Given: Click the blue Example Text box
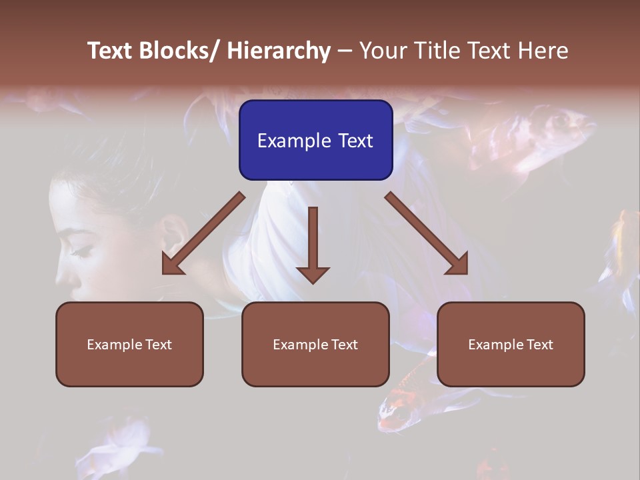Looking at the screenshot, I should click(x=315, y=140).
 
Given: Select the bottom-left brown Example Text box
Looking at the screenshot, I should click(x=129, y=344).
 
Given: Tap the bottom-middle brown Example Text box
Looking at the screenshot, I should click(x=315, y=344).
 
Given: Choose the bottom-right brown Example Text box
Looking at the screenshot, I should click(x=511, y=344).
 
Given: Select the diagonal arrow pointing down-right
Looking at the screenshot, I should click(x=427, y=233).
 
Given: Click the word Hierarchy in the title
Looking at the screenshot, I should click(x=279, y=51).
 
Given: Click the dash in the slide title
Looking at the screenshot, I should click(x=345, y=51).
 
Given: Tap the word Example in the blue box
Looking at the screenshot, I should click(x=285, y=141).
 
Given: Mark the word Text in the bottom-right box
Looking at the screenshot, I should click(x=539, y=344).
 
